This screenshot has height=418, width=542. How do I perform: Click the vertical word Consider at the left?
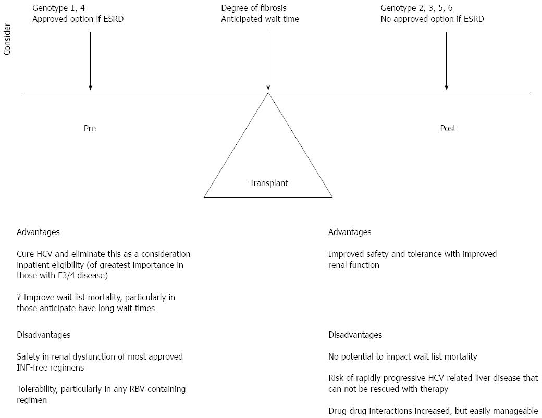(x=7, y=40)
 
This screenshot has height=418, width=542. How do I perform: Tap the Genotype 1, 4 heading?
(x=58, y=8)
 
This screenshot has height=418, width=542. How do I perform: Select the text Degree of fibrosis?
(x=254, y=8)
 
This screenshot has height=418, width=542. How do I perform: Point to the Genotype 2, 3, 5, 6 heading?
(x=416, y=8)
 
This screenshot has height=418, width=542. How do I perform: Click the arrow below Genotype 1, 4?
(x=90, y=61)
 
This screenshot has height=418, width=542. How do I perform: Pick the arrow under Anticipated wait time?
(x=268, y=61)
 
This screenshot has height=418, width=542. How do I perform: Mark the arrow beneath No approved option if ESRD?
(x=446, y=61)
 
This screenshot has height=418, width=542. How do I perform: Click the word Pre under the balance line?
(x=90, y=128)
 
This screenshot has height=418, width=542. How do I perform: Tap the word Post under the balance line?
(x=448, y=128)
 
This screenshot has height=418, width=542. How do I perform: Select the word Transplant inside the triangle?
(x=268, y=183)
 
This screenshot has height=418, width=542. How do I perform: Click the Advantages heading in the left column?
(x=38, y=232)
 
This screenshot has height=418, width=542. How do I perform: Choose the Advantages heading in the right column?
(x=350, y=232)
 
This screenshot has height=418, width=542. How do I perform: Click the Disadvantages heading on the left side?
(x=44, y=335)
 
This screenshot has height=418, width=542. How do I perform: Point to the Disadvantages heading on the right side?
(x=355, y=335)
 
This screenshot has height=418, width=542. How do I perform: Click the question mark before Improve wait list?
(x=19, y=297)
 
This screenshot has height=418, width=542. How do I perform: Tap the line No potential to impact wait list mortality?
(x=403, y=357)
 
